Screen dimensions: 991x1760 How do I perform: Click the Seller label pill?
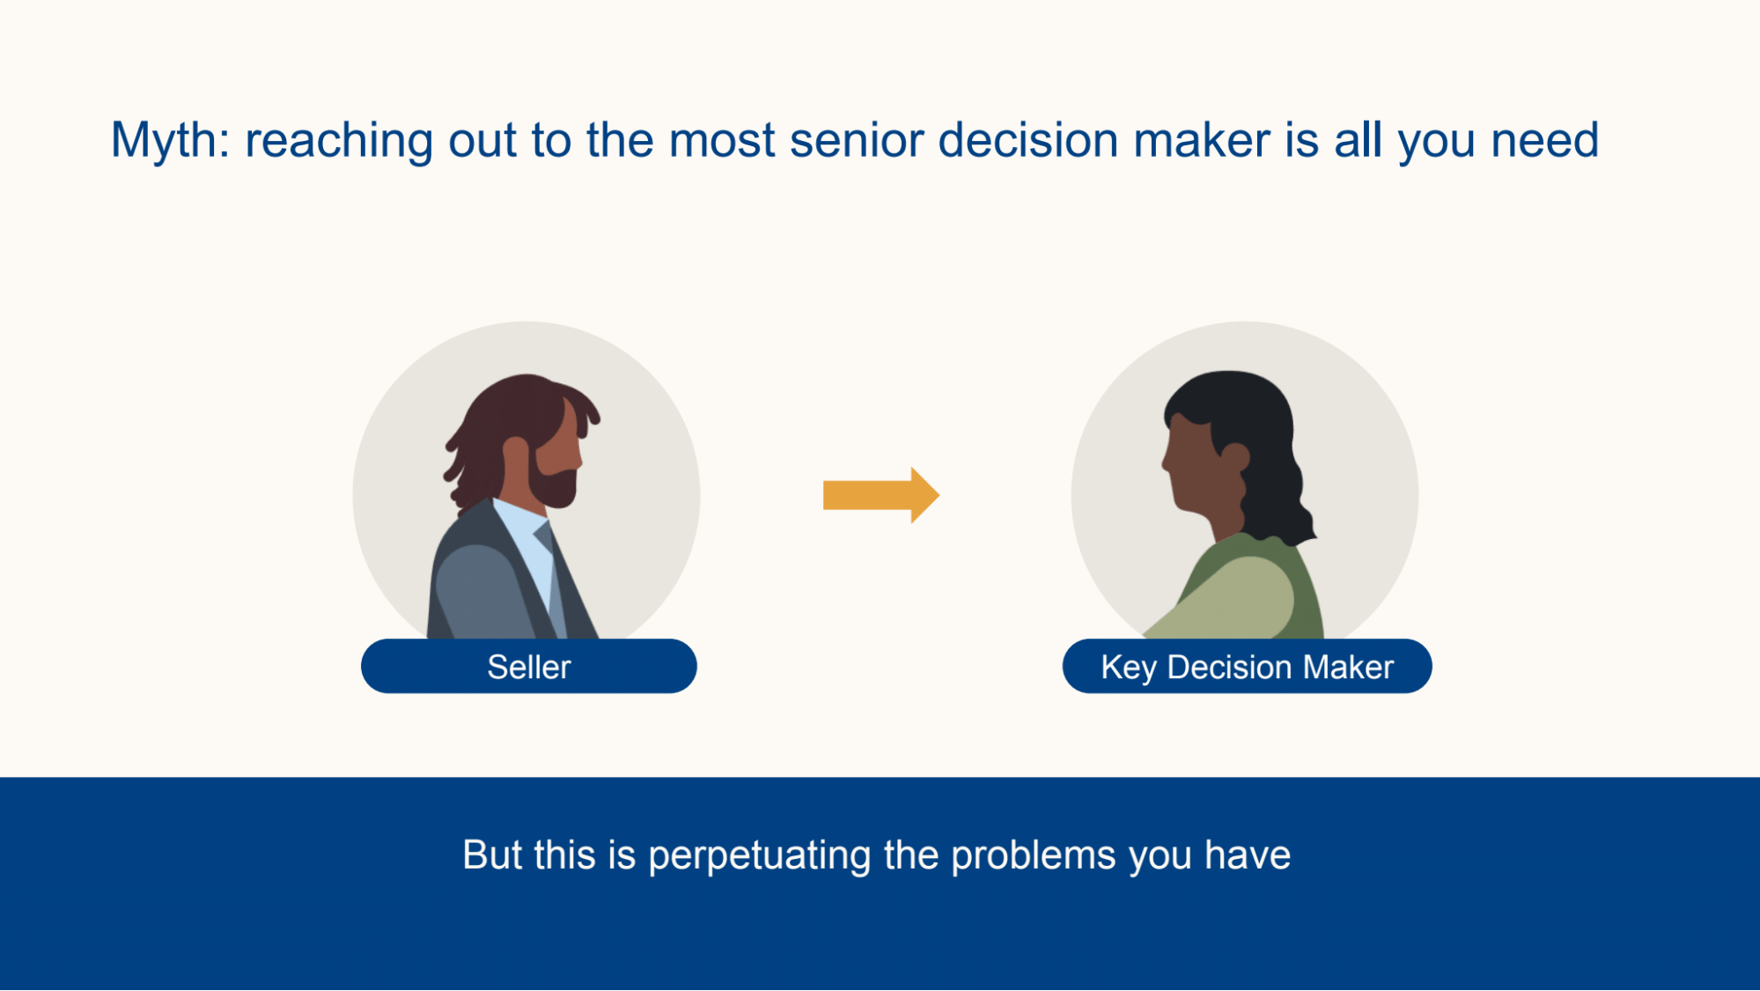pos(528,667)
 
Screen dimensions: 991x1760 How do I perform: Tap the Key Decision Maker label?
pos(1246,667)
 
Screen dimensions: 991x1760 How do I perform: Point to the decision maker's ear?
pos(1234,455)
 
